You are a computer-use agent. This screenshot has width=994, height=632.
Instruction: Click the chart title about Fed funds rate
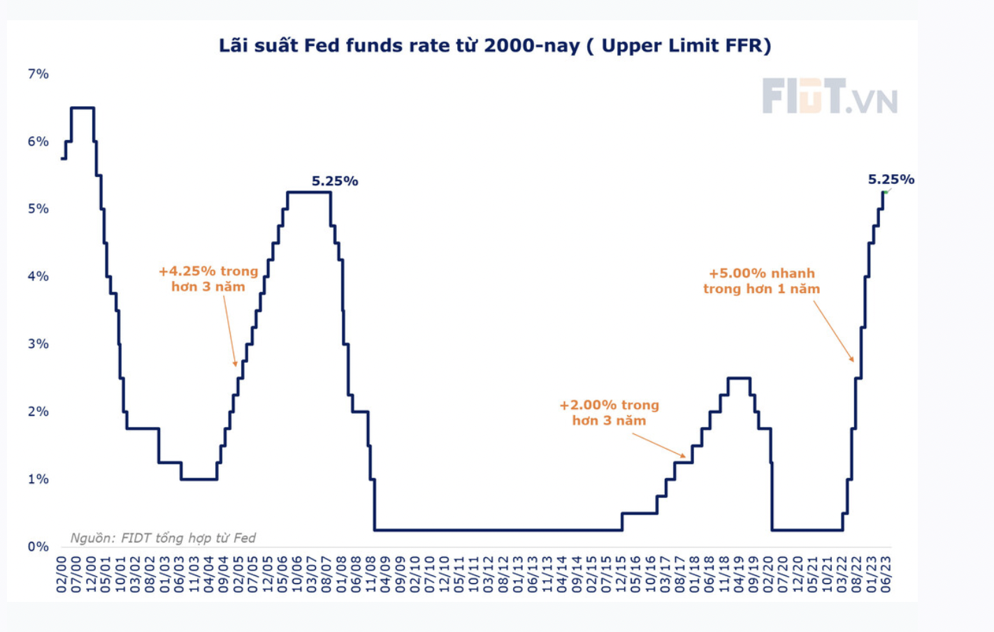pyautogui.click(x=495, y=46)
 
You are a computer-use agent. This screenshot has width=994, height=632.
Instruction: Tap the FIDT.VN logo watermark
pyautogui.click(x=829, y=96)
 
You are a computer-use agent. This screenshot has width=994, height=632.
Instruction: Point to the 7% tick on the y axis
pyautogui.click(x=38, y=74)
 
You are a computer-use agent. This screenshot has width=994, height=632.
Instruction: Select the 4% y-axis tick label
pyautogui.click(x=38, y=276)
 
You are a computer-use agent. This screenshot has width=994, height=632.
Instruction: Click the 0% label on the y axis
pyautogui.click(x=38, y=547)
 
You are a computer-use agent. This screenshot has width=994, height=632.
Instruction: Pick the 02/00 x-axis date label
pyautogui.click(x=62, y=575)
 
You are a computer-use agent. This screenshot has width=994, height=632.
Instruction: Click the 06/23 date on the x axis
pyautogui.click(x=886, y=575)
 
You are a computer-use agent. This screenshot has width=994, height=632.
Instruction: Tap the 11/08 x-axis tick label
pyautogui.click(x=370, y=575)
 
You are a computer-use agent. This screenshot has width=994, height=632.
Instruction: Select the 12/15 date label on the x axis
pyautogui.click(x=621, y=575)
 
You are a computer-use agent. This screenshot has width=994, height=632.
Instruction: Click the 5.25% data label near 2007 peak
pyautogui.click(x=335, y=181)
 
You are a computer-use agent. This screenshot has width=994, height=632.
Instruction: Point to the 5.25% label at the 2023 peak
pyautogui.click(x=891, y=180)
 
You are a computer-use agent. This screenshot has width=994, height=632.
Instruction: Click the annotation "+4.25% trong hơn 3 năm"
pyautogui.click(x=208, y=279)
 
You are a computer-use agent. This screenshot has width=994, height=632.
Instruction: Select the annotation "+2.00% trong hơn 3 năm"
pyautogui.click(x=609, y=412)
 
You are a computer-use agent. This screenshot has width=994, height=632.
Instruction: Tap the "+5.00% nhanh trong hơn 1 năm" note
pyautogui.click(x=761, y=281)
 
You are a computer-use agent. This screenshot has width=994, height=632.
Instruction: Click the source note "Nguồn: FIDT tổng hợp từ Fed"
pyautogui.click(x=163, y=538)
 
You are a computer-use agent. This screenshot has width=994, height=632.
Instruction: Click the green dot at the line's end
pyautogui.click(x=886, y=192)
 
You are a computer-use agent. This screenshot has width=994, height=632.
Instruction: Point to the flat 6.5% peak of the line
pyautogui.click(x=82, y=108)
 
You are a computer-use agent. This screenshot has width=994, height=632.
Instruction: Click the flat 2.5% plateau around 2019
pyautogui.click(x=739, y=378)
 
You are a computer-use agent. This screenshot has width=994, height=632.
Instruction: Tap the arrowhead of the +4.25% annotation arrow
pyautogui.click(x=236, y=364)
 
